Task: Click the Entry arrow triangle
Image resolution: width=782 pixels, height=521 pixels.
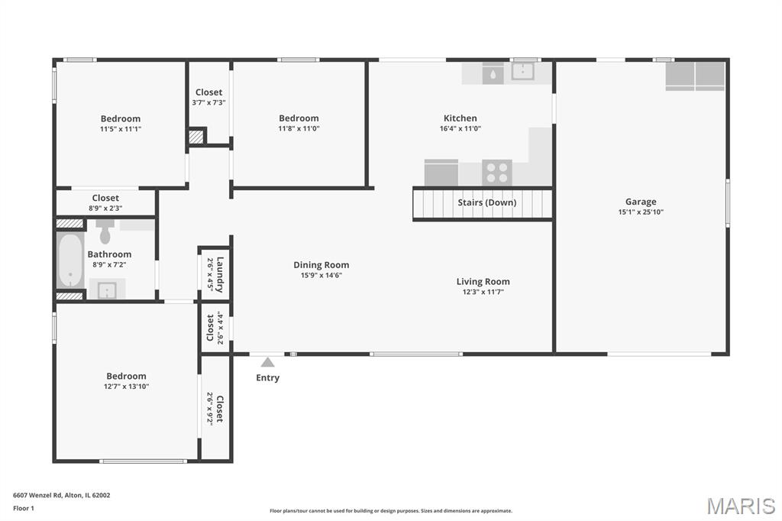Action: tap(268, 362)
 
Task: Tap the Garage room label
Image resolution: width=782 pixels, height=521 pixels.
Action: tap(641, 202)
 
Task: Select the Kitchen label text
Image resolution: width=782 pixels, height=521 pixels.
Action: tap(460, 118)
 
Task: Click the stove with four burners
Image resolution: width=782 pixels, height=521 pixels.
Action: tap(497, 172)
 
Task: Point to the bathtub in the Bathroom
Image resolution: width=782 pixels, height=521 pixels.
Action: tap(70, 260)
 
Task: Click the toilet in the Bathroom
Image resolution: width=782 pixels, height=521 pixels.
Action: tap(105, 231)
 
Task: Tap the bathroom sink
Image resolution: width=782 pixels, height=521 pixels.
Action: tap(107, 290)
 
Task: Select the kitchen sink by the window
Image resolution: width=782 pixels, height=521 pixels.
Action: tap(522, 71)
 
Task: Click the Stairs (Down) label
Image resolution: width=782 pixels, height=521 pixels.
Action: tap(486, 202)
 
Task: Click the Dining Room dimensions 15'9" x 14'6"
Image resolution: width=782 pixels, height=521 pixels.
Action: tap(322, 276)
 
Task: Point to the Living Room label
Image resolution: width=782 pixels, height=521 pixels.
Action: tap(483, 281)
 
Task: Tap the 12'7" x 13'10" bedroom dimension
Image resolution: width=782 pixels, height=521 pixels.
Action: tap(126, 387)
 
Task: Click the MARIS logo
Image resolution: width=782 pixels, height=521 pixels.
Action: tap(741, 506)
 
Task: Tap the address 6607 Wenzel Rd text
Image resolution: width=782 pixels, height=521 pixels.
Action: tap(37, 495)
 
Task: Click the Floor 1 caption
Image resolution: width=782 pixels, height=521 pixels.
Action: tap(24, 508)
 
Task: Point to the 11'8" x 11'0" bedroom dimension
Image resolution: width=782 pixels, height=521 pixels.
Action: tap(299, 129)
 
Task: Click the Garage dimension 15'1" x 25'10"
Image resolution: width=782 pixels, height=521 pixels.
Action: tap(641, 212)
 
